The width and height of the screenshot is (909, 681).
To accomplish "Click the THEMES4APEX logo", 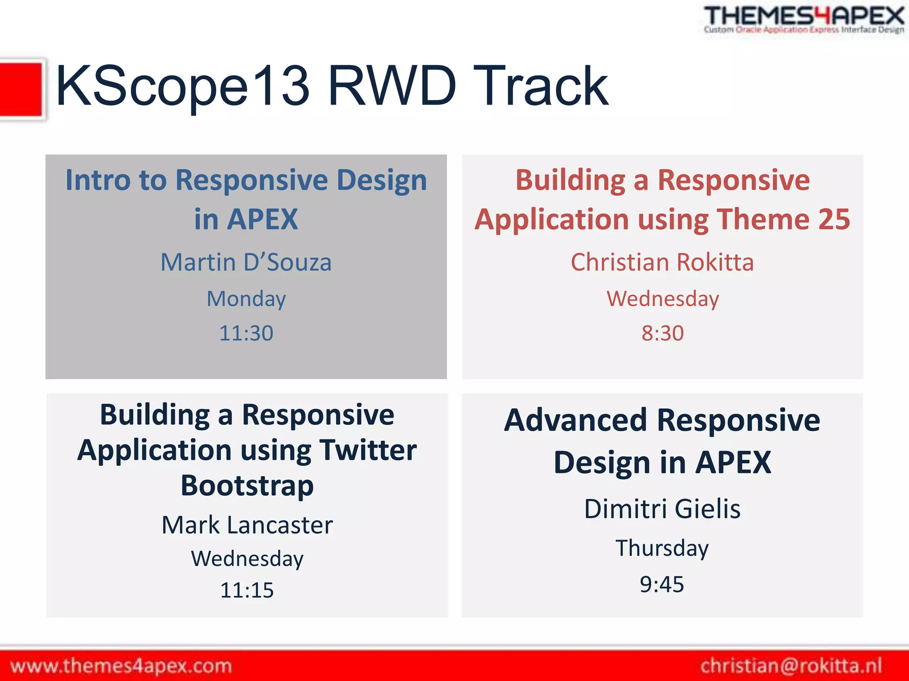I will [803, 19].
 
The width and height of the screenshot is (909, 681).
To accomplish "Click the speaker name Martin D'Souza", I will [246, 262].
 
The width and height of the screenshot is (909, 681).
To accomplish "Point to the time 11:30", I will [246, 333].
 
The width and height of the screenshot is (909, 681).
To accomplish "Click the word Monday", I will [246, 298].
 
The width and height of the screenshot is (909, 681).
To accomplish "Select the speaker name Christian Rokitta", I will [662, 262].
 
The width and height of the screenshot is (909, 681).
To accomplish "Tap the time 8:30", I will [662, 333].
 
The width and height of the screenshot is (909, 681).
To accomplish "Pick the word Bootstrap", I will [247, 485].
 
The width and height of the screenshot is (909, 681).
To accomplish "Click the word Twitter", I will [368, 450].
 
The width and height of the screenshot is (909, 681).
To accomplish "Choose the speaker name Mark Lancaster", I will [247, 525].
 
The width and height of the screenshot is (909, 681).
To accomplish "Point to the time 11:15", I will [247, 590].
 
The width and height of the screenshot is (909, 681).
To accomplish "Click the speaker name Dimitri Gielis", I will [662, 509].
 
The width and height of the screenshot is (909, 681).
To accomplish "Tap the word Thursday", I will [662, 548].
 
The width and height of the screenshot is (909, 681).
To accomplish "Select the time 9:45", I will [662, 584].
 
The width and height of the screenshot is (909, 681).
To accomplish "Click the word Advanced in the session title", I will [576, 420].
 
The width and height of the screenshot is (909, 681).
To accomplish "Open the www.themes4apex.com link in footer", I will [121, 666].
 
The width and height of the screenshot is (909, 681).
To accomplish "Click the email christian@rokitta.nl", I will [791, 666].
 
